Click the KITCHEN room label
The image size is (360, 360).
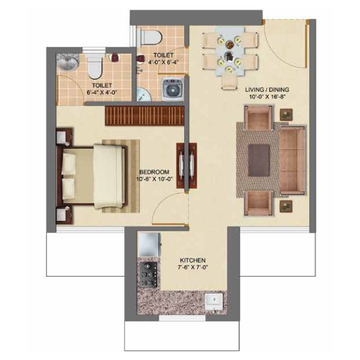pyautogui.click(x=193, y=260)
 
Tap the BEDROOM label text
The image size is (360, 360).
pyautogui.click(x=154, y=172)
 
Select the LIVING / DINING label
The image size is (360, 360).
pyautogui.click(x=267, y=89)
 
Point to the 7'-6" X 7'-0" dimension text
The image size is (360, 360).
pyautogui.click(x=193, y=267)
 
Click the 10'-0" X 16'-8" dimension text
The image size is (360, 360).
pyautogui.click(x=267, y=97)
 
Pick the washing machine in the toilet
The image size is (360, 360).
pyautogui.click(x=173, y=89)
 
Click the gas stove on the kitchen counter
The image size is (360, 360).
pyautogui.click(x=148, y=274)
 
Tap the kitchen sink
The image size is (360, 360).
pyautogui.click(x=214, y=301)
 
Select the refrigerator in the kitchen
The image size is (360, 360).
pyautogui.click(x=149, y=244)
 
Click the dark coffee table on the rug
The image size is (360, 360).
pyautogui.click(x=259, y=160)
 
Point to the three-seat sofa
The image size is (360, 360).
pyautogui.click(x=293, y=160)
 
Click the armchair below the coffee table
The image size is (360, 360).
pyautogui.click(x=259, y=203)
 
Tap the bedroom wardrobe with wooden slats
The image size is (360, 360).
pyautogui.click(x=145, y=116)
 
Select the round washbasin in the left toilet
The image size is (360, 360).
pyautogui.click(x=67, y=62)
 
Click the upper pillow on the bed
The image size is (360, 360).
pyautogui.click(x=69, y=163)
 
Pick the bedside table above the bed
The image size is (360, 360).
pyautogui.click(x=64, y=137)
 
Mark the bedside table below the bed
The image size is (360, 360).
pyautogui.click(x=64, y=215)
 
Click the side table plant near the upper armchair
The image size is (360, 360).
pyautogui.click(x=286, y=115)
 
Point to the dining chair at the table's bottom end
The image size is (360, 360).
pyautogui.click(x=229, y=82)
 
